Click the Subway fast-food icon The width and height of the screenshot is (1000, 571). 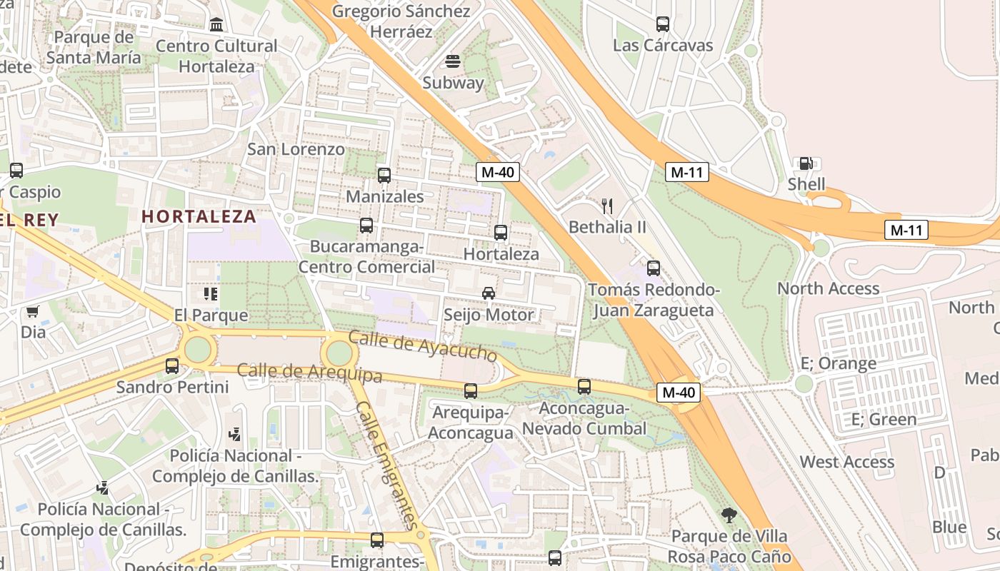click(453, 61)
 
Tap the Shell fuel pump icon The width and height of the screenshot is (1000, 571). click(806, 163)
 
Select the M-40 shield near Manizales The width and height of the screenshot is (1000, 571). click(498, 172)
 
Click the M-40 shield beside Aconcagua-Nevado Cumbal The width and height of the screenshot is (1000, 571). click(678, 392)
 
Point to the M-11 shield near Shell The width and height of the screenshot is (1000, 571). click(687, 172)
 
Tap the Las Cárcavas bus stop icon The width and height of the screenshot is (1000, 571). click(663, 24)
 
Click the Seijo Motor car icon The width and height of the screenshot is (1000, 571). click(489, 293)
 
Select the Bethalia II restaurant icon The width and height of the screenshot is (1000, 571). click(607, 207)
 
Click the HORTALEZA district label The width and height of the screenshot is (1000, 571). click(199, 216)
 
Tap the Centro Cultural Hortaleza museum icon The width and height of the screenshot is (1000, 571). click(216, 26)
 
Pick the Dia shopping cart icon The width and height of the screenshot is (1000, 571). click(32, 312)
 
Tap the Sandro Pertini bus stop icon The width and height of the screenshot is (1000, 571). click(172, 366)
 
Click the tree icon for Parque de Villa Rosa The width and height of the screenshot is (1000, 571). click(729, 515)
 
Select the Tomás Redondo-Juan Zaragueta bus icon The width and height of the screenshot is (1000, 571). click(654, 268)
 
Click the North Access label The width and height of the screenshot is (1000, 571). click(828, 288)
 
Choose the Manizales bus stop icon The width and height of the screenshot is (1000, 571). click(384, 175)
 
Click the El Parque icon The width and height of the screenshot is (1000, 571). click(210, 293)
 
